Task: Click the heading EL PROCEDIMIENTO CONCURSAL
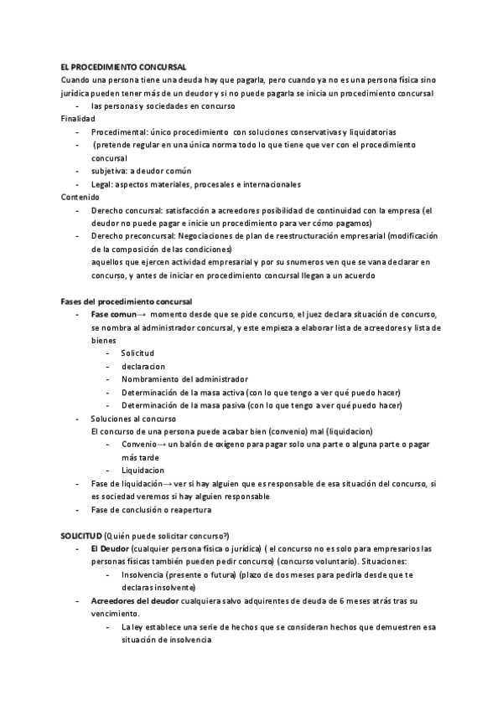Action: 123,67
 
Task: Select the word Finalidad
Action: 78,119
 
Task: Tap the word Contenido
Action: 80,197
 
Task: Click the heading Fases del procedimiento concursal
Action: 127,301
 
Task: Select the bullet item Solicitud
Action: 137,353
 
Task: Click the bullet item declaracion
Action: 143,366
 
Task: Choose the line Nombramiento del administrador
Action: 184,379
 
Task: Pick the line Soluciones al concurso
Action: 132,419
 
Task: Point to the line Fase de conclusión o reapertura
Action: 151,510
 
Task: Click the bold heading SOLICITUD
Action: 80,536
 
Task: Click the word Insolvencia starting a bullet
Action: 143,575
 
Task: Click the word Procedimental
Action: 117,132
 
